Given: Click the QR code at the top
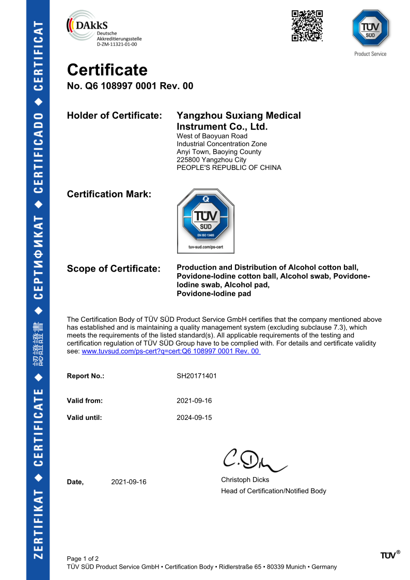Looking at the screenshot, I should click(307, 26).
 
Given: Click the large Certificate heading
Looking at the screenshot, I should click(107, 70).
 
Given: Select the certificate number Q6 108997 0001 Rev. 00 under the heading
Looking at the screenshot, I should click(130, 86).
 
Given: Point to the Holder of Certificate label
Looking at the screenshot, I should click(115, 116).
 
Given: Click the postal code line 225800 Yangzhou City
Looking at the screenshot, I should click(211, 160).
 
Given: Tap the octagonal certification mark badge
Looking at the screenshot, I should click(206, 221).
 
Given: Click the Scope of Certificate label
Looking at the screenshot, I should click(114, 269).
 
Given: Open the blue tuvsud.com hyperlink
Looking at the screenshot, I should click(171, 351).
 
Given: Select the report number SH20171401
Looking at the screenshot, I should click(197, 376).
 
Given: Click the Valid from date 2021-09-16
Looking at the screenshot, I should click(194, 401).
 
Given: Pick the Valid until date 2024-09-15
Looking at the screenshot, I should click(194, 418).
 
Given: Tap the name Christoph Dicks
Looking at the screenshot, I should click(245, 480).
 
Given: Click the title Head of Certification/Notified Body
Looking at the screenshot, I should click(274, 491).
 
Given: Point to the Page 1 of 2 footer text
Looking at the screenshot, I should click(83, 558).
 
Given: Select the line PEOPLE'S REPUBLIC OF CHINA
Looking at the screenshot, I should click(229, 168).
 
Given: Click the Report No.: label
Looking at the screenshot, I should click(86, 376).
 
